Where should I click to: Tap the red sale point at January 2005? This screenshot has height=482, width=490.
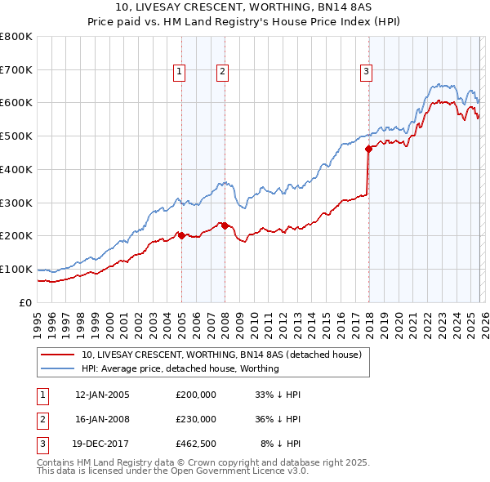181,235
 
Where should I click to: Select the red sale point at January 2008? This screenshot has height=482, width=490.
225,225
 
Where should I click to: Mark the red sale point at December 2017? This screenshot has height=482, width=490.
368,149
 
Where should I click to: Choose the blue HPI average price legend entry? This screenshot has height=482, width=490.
180,368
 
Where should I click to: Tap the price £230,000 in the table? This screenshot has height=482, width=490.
196,419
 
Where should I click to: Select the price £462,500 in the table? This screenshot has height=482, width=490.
196,444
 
